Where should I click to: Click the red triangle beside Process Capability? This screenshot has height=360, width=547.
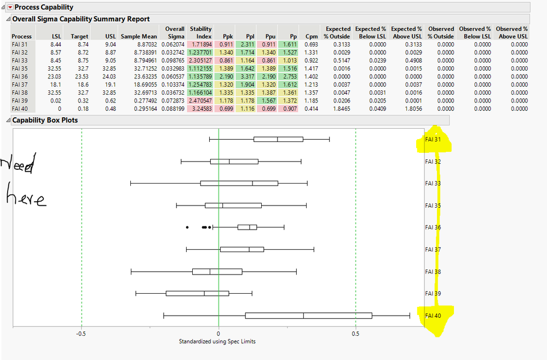[9, 7]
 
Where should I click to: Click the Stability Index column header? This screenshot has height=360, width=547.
[200, 32]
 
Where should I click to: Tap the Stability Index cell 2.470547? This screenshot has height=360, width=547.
[200, 101]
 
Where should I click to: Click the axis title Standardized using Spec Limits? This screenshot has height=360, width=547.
[217, 341]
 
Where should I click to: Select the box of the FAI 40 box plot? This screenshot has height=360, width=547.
[308, 316]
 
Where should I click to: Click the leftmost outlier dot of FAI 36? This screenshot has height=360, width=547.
[187, 227]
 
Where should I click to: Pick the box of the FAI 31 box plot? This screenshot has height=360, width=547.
[278, 139]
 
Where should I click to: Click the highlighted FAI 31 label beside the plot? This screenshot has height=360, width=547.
[433, 140]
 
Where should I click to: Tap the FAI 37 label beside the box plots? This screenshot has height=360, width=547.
[433, 250]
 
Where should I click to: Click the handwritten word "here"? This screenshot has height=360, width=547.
[25, 198]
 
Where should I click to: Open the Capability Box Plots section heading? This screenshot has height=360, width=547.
[45, 120]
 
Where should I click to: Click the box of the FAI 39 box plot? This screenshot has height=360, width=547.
[197, 293]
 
